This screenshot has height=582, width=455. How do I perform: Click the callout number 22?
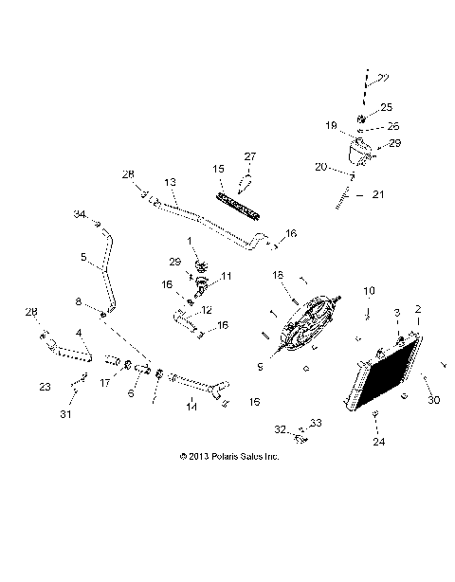pos(385,79)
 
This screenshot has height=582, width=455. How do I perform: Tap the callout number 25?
pos(386,107)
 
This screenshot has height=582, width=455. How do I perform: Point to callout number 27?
pos(250,156)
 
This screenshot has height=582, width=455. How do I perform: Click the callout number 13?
pos(170,181)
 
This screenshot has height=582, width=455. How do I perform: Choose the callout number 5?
pos(83,256)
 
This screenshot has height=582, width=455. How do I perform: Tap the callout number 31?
pos(65,413)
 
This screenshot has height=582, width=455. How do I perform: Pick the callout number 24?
pos(377,442)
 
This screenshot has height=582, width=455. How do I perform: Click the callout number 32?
pos(280,429)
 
